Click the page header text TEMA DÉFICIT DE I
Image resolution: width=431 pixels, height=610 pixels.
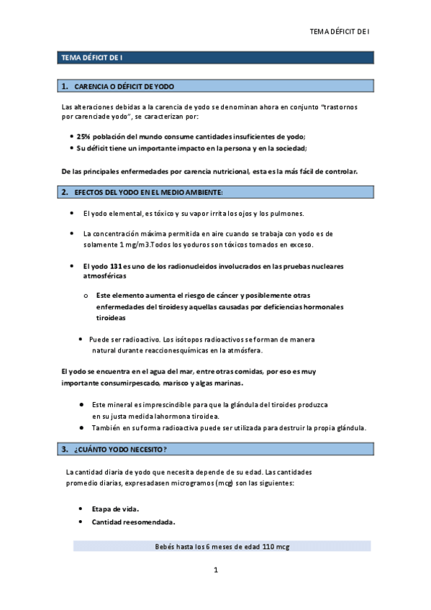point(338,31)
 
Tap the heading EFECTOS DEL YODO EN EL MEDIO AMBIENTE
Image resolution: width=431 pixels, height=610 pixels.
point(148,192)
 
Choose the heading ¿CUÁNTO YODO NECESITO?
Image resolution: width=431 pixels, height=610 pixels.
point(120,450)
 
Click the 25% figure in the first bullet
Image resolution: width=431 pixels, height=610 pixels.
point(83,137)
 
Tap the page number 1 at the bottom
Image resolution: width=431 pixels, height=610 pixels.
point(215,570)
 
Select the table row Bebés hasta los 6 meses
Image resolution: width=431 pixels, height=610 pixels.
point(222,547)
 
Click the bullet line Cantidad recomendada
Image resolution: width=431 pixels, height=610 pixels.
point(134,522)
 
